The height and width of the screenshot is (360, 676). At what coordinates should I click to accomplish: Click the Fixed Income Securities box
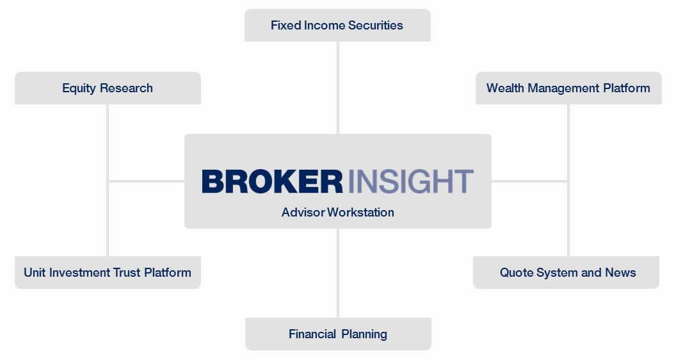(x=337, y=26)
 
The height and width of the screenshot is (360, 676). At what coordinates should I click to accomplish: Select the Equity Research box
(x=108, y=88)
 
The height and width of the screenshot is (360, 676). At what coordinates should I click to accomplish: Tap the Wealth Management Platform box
(x=568, y=88)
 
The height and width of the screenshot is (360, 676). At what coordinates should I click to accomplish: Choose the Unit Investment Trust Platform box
(x=108, y=272)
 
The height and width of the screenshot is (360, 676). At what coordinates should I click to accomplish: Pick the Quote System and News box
(x=566, y=272)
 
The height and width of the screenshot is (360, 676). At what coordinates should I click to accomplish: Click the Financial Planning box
(x=338, y=334)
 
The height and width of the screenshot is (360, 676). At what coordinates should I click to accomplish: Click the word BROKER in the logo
(x=273, y=181)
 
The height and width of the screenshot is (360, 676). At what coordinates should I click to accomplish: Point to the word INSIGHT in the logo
(x=410, y=181)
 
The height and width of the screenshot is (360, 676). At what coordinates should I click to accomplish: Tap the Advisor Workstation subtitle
(x=337, y=213)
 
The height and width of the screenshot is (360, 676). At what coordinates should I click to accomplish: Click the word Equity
(x=79, y=88)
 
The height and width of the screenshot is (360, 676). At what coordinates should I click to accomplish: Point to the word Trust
(x=127, y=272)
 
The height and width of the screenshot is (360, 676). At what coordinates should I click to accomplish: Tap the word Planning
(x=364, y=334)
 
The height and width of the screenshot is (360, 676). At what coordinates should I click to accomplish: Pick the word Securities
(x=376, y=26)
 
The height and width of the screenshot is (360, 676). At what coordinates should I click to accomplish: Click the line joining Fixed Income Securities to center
(x=338, y=88)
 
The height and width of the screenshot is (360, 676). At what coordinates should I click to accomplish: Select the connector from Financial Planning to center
(x=338, y=274)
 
